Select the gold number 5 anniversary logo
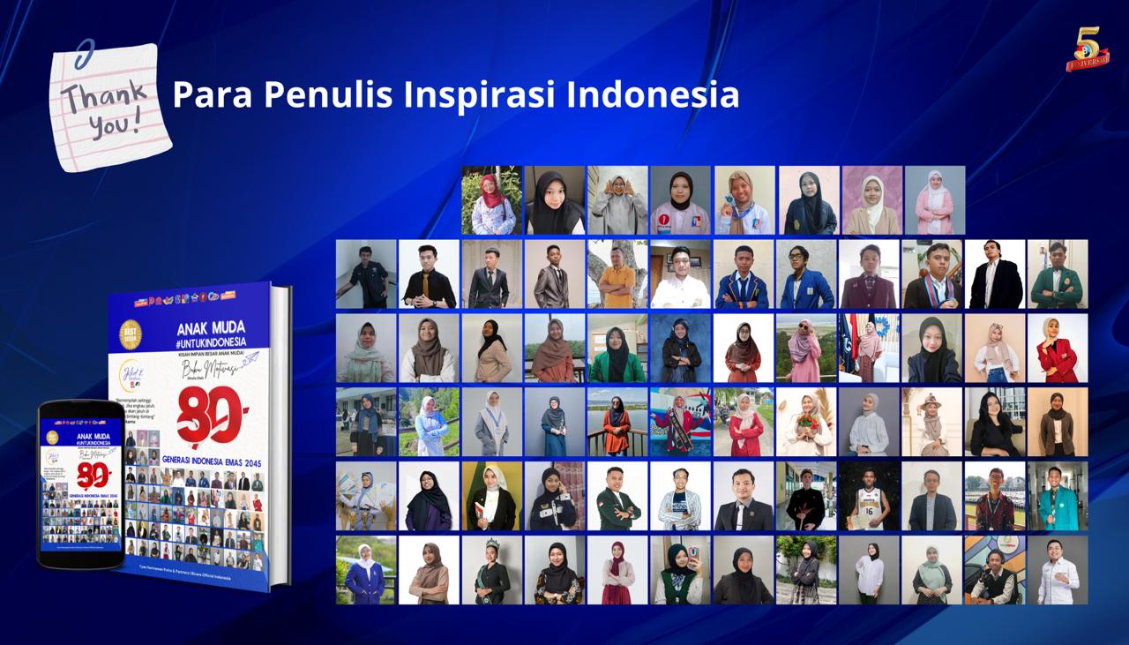1087,49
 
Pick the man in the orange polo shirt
617,274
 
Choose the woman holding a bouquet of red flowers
807,422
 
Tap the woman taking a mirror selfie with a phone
681,570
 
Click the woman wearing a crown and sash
491,570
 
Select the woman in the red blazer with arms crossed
1057,349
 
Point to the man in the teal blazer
1057,497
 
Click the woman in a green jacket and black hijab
617,349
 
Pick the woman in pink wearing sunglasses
807,349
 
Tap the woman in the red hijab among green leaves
491,200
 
